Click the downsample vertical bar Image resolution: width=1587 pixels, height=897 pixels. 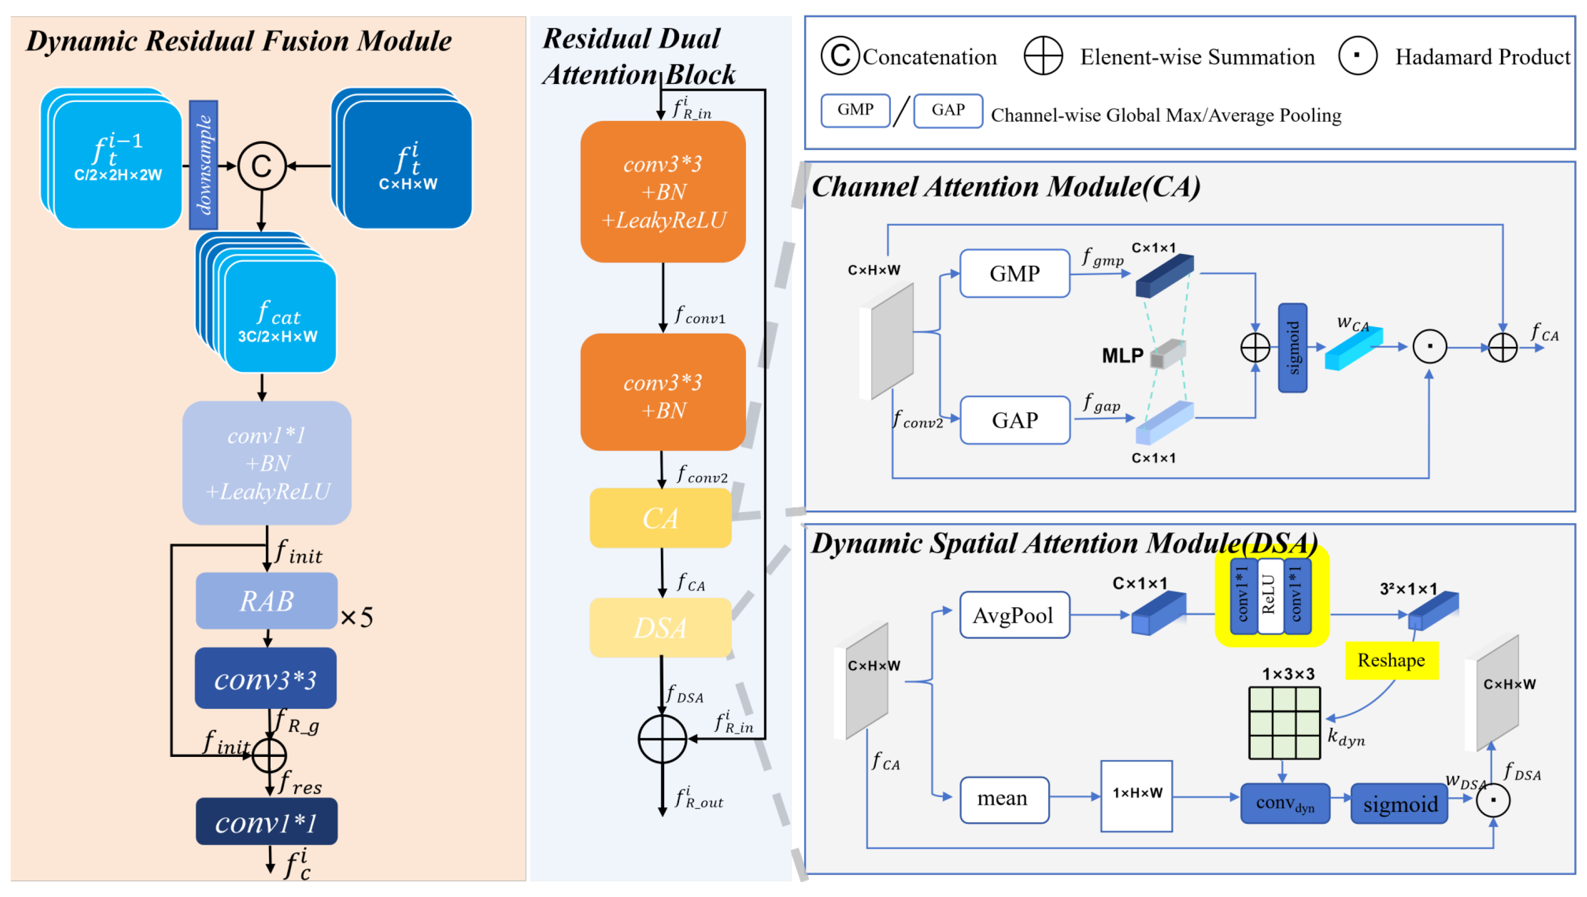(203, 165)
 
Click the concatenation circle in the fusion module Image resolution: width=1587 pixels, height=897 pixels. (262, 166)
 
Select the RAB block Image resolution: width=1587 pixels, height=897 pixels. (266, 601)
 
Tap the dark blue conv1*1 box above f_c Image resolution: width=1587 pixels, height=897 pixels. (266, 822)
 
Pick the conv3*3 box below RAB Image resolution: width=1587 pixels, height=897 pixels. (266, 678)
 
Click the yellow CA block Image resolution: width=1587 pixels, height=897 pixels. (660, 518)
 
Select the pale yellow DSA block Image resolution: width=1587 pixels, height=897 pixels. (660, 627)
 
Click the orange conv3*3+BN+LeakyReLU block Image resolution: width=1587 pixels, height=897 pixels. (663, 191)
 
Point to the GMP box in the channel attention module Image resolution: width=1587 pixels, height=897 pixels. (1015, 274)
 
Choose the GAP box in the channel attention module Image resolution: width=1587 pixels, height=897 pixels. (1015, 420)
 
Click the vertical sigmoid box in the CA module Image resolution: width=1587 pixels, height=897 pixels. (1292, 347)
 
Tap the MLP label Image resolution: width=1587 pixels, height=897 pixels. (1122, 355)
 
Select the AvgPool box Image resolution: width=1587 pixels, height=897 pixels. (1014, 615)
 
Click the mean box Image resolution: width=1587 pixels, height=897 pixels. (1004, 799)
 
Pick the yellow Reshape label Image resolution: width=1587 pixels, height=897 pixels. (1391, 660)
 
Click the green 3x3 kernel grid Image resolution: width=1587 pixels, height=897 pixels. (1284, 723)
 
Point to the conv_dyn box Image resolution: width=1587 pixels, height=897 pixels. (1284, 803)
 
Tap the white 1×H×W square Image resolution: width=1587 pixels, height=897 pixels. (1137, 795)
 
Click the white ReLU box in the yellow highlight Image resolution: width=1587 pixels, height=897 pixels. (1269, 596)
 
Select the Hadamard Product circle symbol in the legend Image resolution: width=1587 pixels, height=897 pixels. (1358, 56)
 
